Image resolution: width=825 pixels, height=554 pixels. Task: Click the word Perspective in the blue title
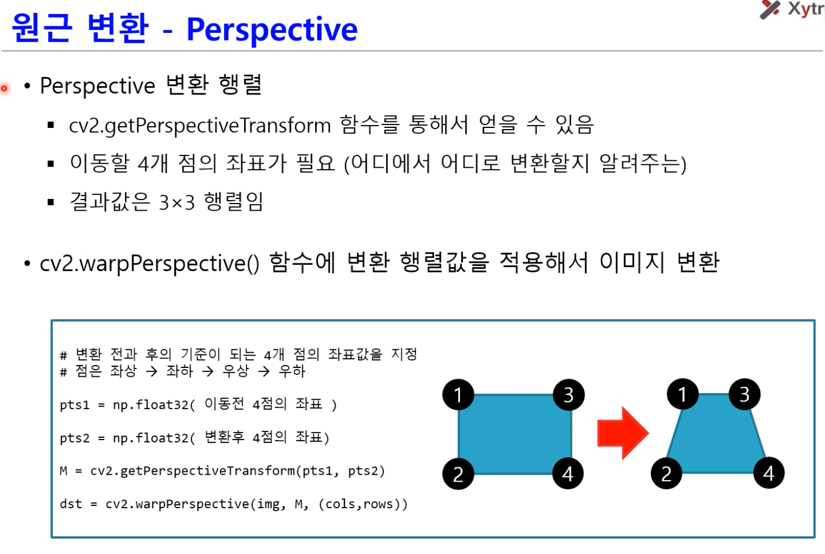pyautogui.click(x=272, y=30)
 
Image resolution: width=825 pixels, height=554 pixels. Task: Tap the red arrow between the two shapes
pyautogui.click(x=623, y=433)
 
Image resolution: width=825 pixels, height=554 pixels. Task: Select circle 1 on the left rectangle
pyautogui.click(x=458, y=394)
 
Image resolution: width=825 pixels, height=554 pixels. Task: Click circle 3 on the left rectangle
pyautogui.click(x=569, y=394)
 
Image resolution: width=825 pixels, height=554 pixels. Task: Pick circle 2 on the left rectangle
pyautogui.click(x=458, y=474)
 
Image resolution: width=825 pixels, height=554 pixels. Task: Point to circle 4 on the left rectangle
pyautogui.click(x=568, y=474)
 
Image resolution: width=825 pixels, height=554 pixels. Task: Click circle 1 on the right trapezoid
pyautogui.click(x=682, y=394)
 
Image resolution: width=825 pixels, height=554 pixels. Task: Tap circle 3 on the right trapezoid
pyautogui.click(x=745, y=394)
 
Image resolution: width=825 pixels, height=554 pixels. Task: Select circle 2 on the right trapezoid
pyautogui.click(x=666, y=474)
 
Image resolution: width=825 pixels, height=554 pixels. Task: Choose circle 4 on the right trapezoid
pyautogui.click(x=769, y=473)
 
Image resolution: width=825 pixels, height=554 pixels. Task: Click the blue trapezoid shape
pyautogui.click(x=716, y=434)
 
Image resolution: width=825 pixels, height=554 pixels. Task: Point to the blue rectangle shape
pyautogui.click(x=515, y=434)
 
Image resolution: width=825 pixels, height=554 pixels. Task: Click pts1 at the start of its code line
pyautogui.click(x=75, y=405)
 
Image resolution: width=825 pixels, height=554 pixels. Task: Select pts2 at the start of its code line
pyautogui.click(x=75, y=438)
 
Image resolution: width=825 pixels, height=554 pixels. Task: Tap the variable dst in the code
pyautogui.click(x=71, y=504)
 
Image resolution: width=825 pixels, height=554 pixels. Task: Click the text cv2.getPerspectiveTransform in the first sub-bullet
pyautogui.click(x=200, y=126)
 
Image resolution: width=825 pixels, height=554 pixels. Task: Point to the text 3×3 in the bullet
pyautogui.click(x=177, y=202)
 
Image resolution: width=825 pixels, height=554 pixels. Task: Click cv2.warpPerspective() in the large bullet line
pyautogui.click(x=150, y=264)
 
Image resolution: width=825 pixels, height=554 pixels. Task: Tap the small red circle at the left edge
pyautogui.click(x=5, y=89)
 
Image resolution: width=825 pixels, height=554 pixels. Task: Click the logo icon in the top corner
pyautogui.click(x=770, y=9)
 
